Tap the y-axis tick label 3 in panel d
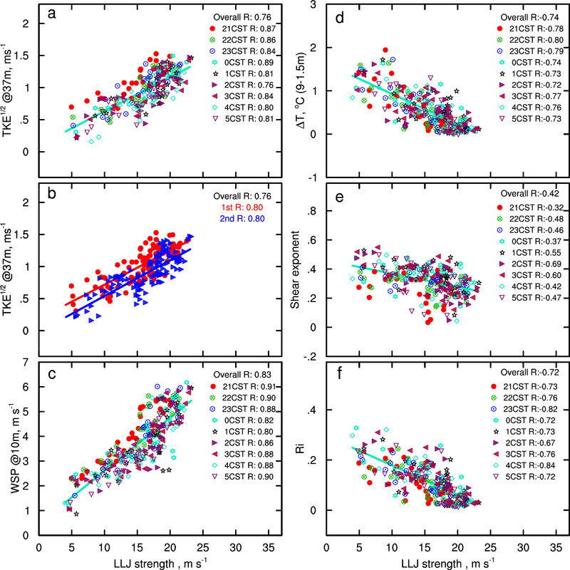(x=314, y=6)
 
